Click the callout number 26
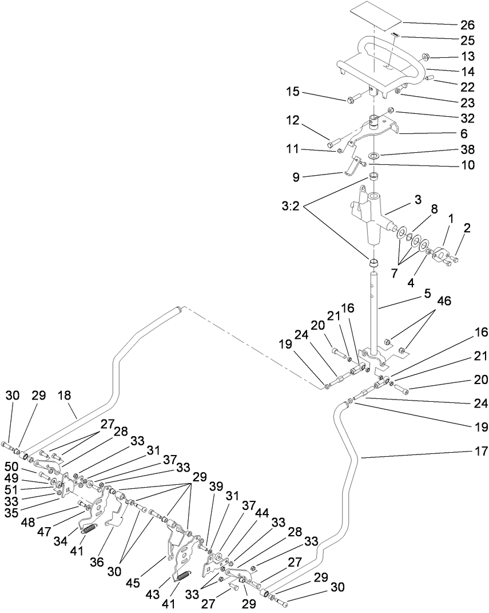(467, 25)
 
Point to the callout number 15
(292, 92)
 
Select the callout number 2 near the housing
(467, 228)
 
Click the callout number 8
(434, 210)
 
